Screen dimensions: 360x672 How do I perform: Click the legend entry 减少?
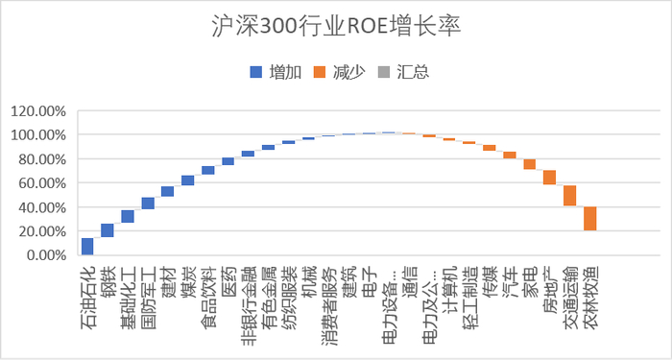[x=341, y=72]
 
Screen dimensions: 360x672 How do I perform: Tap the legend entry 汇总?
[x=404, y=72]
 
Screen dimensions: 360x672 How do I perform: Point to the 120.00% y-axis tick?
[x=38, y=111]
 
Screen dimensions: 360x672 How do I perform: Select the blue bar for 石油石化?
[x=87, y=247]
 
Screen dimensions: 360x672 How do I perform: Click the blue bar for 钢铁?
[x=108, y=230]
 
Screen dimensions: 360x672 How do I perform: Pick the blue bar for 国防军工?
[x=148, y=204]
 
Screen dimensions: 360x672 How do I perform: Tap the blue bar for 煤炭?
[x=188, y=180]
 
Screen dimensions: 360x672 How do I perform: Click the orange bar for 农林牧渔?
[x=590, y=219]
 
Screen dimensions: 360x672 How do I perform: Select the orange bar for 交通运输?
[x=570, y=196]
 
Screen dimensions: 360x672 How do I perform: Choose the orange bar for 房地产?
[x=550, y=178]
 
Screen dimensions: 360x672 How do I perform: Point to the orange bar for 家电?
[x=530, y=164]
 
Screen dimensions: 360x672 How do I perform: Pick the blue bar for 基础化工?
[x=128, y=217]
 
